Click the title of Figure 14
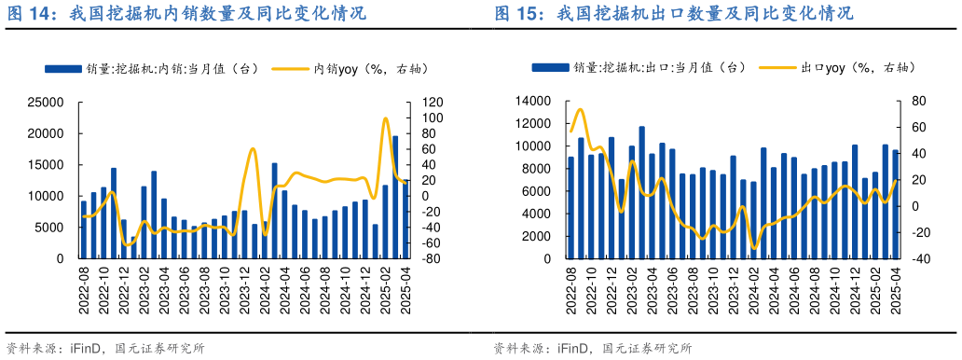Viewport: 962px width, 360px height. click(186, 14)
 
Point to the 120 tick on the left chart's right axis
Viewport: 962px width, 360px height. click(431, 103)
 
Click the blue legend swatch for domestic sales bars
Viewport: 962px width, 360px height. click(63, 68)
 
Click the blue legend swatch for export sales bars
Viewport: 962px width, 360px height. click(551, 67)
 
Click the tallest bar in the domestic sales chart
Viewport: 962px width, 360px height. click(395, 196)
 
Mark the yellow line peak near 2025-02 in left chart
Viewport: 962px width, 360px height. click(386, 118)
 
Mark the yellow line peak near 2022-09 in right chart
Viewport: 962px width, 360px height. click(580, 109)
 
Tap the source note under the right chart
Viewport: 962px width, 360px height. click(591, 348)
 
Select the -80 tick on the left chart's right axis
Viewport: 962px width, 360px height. click(430, 258)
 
